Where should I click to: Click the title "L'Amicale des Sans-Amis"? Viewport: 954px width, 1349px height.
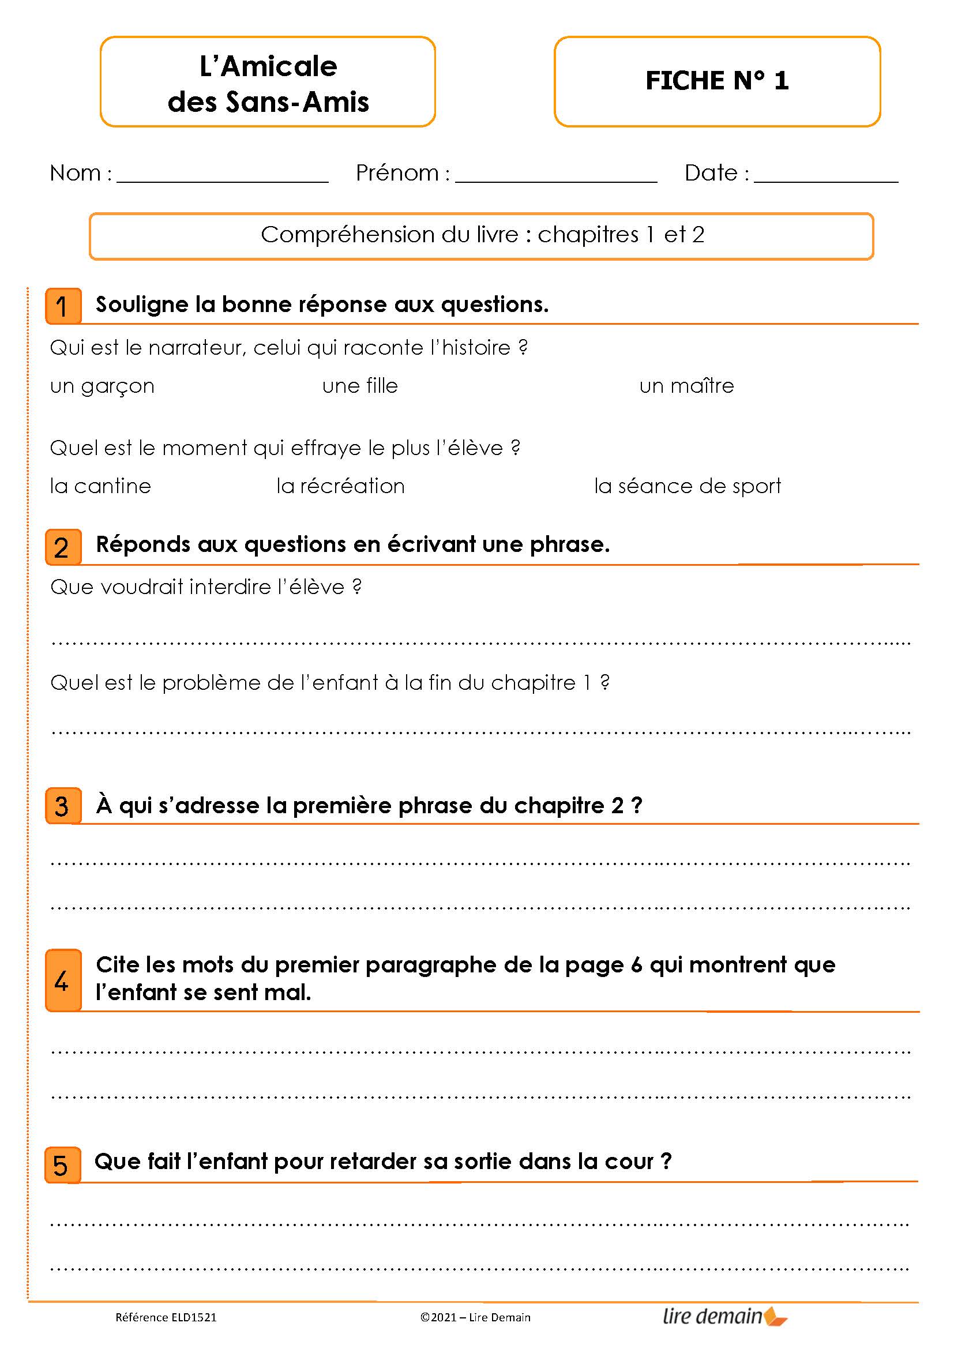(268, 84)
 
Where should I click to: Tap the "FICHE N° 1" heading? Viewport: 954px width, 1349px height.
(717, 81)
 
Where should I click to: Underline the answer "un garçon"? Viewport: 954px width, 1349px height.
(102, 386)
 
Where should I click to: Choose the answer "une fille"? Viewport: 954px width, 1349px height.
(359, 386)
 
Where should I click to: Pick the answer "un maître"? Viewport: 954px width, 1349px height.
(686, 386)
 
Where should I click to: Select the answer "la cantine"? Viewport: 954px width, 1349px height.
(100, 487)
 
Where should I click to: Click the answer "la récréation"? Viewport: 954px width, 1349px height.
(340, 487)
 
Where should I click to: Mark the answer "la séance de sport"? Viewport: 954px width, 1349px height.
(688, 487)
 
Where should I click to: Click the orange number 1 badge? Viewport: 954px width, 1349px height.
(63, 306)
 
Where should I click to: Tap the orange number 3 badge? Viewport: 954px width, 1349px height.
(63, 806)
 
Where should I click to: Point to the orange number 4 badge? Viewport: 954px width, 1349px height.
(63, 980)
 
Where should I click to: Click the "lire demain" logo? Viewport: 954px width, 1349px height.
(724, 1316)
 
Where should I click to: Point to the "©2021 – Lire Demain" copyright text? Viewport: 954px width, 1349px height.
(475, 1317)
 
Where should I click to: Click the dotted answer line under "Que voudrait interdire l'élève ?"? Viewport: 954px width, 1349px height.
(480, 641)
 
